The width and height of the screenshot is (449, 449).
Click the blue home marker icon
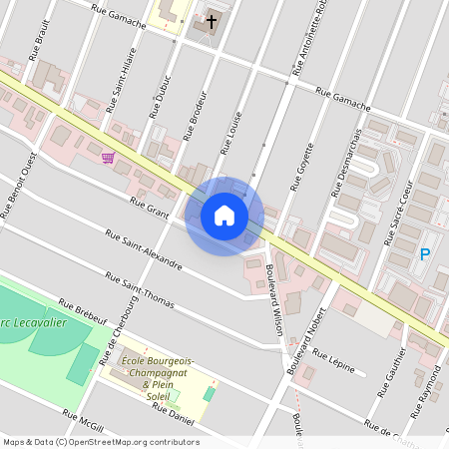click(224, 215)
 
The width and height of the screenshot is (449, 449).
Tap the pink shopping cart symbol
click(108, 157)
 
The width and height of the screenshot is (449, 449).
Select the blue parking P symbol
click(424, 255)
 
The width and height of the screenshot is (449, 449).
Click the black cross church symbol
click(213, 21)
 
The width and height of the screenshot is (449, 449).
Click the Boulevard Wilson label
click(272, 304)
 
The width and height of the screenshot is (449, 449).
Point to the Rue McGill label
click(83, 421)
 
